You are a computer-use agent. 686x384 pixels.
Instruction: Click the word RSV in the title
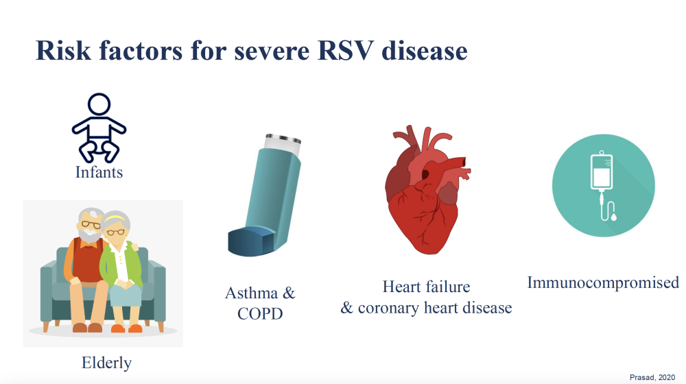345,51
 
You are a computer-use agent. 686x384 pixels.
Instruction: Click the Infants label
99,172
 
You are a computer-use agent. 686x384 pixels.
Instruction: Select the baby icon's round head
99,105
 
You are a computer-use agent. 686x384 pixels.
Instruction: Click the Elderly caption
106,363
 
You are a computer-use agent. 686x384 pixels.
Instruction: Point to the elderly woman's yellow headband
115,217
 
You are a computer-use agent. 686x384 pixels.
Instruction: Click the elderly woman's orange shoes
126,328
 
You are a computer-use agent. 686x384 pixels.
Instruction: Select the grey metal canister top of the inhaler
283,143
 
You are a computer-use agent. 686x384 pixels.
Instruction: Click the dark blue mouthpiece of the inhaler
251,241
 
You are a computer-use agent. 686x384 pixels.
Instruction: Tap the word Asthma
251,293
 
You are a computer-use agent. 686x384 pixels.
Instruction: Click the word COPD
260,313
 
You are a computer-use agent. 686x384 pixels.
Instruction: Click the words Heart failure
426,287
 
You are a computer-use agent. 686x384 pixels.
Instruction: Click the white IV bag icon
602,171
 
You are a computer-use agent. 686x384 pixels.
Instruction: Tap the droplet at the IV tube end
614,217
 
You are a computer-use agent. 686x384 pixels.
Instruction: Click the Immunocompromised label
603,283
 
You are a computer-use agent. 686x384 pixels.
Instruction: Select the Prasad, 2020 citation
652,377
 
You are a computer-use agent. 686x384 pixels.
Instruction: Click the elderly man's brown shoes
87,328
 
